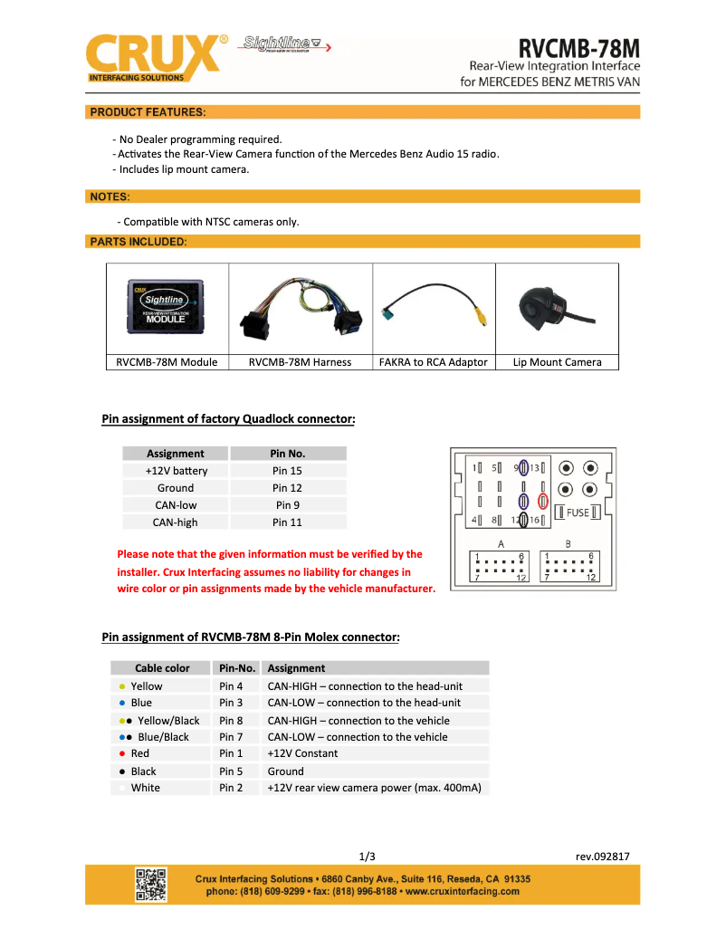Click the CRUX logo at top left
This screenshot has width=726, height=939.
[154, 57]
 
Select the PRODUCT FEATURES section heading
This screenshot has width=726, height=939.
[148, 112]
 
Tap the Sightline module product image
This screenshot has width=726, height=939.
[166, 307]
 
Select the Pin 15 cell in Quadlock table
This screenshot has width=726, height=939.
[288, 471]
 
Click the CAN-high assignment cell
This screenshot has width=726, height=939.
[176, 522]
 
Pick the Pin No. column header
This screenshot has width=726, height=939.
[288, 454]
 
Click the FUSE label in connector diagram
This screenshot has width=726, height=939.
[578, 513]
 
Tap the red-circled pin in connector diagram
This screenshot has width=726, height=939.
[543, 500]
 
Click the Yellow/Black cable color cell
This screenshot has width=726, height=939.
[163, 721]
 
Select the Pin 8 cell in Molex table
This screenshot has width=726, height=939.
[232, 721]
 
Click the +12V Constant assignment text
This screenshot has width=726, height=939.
[302, 753]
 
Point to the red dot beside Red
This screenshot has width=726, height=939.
[122, 753]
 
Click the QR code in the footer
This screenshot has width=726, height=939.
[151, 885]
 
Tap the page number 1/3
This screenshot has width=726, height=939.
[368, 857]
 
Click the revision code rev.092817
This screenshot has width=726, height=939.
[602, 857]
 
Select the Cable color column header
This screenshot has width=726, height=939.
[163, 668]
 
